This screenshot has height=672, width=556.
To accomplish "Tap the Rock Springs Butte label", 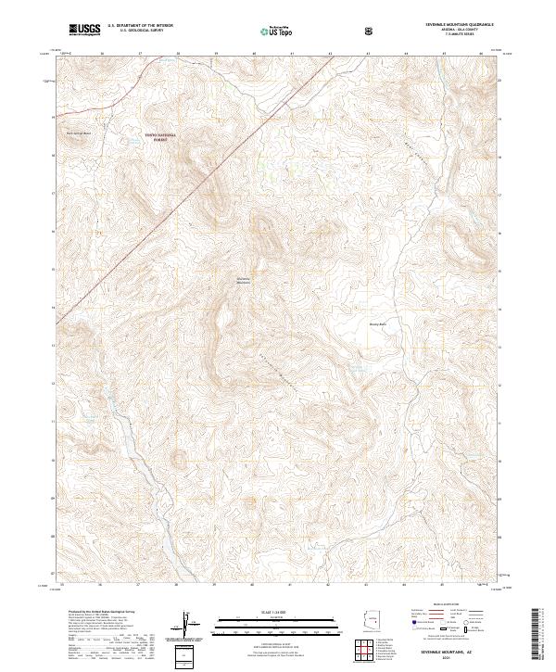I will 77,133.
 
